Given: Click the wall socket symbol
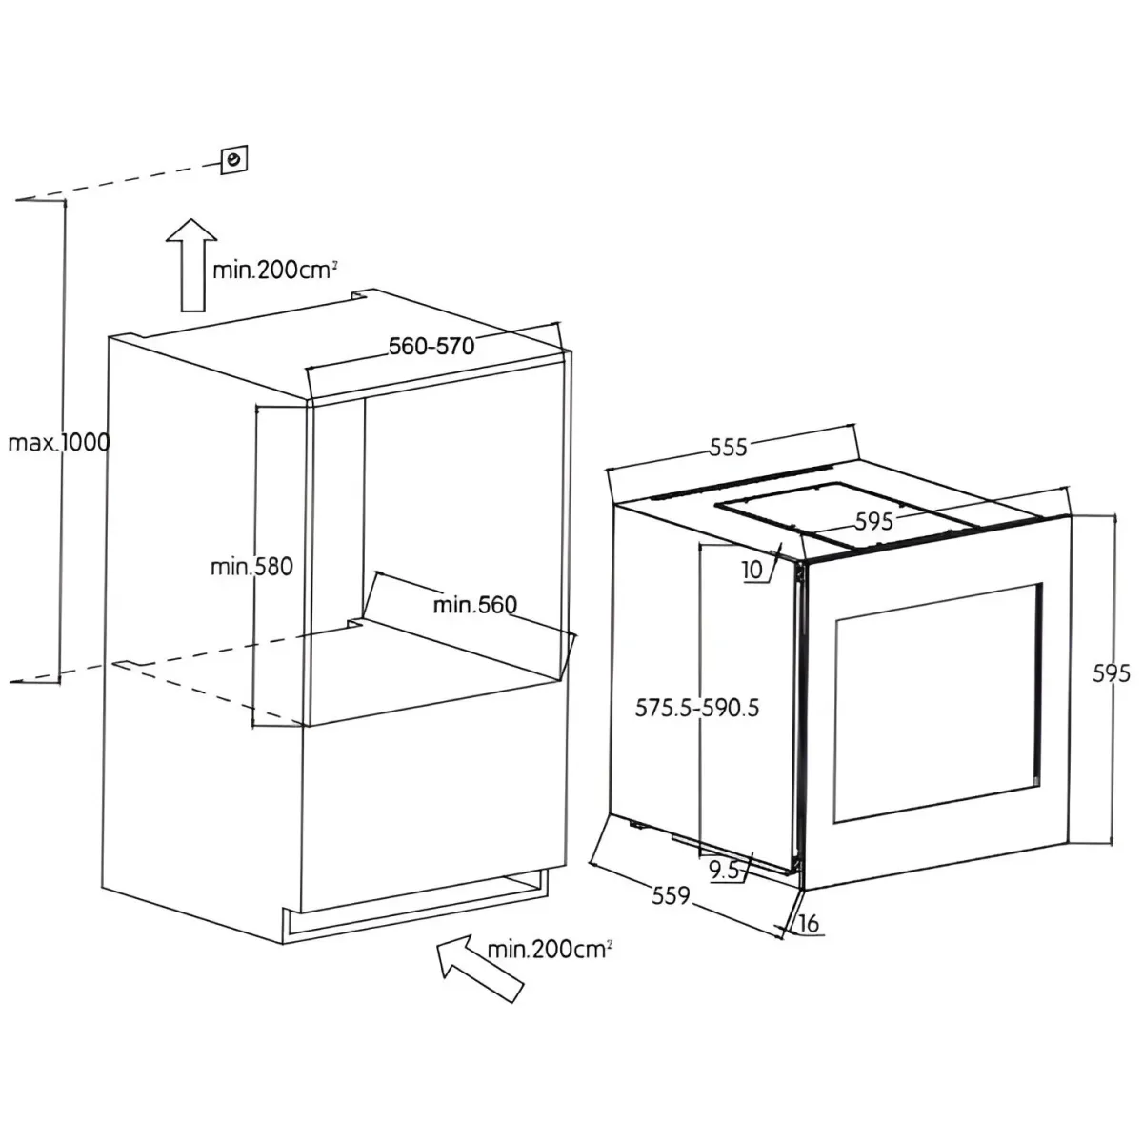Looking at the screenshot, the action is coord(233,160).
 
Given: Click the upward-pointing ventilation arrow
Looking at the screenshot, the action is coord(191,265).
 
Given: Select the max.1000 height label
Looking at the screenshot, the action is coord(59,443).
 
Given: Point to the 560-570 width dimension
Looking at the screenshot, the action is coord(431,347).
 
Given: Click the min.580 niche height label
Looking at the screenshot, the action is coord(251,567).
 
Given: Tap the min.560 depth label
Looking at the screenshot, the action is coord(475,605).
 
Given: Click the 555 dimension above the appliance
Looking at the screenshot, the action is coord(729,448).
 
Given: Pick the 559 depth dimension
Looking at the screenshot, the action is coord(671,895).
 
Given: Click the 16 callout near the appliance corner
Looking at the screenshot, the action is coord(809,923).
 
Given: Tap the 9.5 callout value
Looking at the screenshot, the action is coord(724,871).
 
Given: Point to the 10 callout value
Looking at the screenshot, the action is coord(752,570).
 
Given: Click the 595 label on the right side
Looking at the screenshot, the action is coord(1112,673).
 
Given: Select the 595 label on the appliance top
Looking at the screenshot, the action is coord(873,521).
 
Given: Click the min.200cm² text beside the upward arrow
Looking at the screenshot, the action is coord(275,270).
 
